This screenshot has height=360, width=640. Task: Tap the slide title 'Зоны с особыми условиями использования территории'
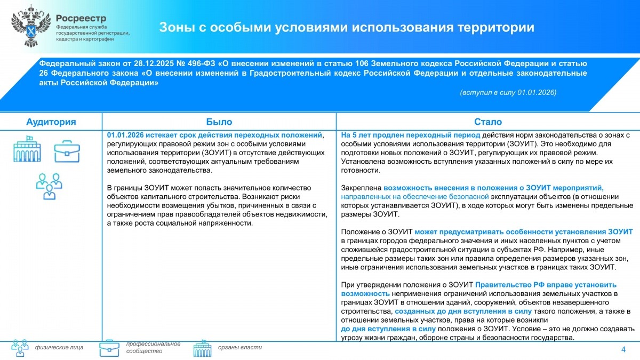pos(347,28)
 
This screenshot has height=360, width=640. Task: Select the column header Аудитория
pos(51,122)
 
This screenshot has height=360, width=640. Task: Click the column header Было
pos(219,122)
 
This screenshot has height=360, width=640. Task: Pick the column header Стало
pos(487,122)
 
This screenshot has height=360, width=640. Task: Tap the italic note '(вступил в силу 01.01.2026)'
pos(508,92)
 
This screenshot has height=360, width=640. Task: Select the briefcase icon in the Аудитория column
pos(67,151)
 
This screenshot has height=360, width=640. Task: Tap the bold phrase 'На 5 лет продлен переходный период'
pos(411,135)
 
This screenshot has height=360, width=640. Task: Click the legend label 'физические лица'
pos(59,348)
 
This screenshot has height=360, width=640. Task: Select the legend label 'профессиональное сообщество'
pos(153,347)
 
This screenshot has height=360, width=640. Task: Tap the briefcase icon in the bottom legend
pos(109,348)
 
